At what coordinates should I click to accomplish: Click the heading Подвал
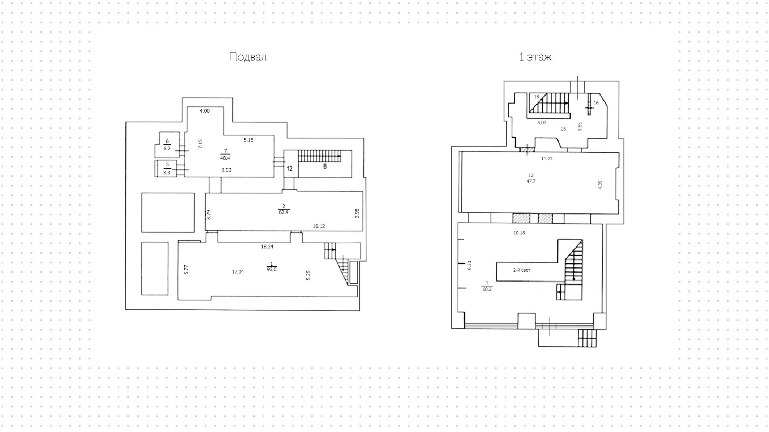point(248,57)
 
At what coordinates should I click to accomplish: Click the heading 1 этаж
point(535,57)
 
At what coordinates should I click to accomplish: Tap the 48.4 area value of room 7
point(225,158)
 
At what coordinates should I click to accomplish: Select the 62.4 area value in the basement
point(284,212)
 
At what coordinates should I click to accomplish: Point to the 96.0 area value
point(272,270)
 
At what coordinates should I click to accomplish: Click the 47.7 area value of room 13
point(531,181)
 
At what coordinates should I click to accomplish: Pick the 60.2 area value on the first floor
point(487,289)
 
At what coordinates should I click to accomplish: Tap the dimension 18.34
point(267,247)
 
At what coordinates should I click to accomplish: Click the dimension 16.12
point(319,226)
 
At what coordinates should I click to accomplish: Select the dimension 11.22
point(547,159)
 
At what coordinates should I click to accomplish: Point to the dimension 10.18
point(519,233)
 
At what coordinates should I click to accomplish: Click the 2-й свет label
point(521,270)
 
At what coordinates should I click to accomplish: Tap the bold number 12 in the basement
point(290,169)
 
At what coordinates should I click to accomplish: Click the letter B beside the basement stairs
point(325,166)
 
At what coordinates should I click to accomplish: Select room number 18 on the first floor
point(537,97)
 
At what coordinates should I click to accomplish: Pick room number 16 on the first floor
point(596,103)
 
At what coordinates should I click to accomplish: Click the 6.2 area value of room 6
point(167,148)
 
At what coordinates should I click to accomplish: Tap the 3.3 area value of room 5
point(167,173)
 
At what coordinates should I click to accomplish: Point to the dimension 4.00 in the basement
point(205,111)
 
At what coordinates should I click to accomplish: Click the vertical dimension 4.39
point(600,185)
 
